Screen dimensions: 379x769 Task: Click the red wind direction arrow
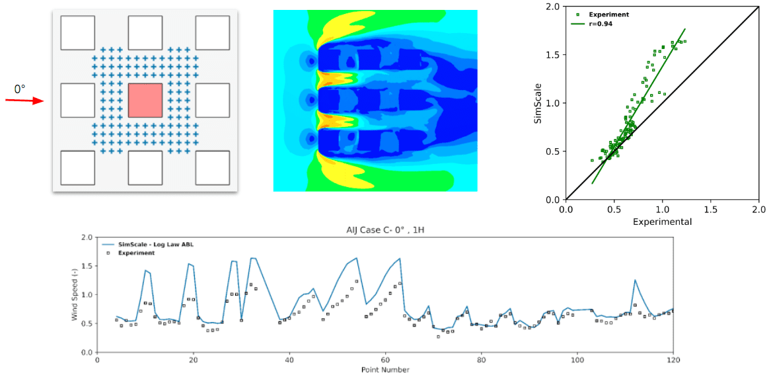coord(24,101)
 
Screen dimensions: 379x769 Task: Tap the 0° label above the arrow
coord(20,89)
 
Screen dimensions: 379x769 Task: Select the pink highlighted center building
coord(145,101)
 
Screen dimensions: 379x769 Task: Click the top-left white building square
coord(77,32)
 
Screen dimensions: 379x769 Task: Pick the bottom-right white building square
coord(213,167)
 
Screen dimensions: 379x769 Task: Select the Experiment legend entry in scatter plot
coord(608,14)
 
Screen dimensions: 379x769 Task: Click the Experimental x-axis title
coord(662,222)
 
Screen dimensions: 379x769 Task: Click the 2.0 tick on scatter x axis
coord(758,209)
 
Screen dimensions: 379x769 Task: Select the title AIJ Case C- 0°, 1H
coord(386,230)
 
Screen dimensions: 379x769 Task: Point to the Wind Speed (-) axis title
coord(75,294)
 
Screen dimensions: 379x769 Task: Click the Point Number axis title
coord(385,370)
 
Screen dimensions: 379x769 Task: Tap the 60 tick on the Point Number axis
coord(385,360)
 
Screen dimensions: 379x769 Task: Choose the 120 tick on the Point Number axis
coord(673,360)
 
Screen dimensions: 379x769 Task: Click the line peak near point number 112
coord(635,280)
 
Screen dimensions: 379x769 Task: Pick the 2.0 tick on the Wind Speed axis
coord(86,237)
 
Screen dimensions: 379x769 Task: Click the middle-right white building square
coord(213,101)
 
